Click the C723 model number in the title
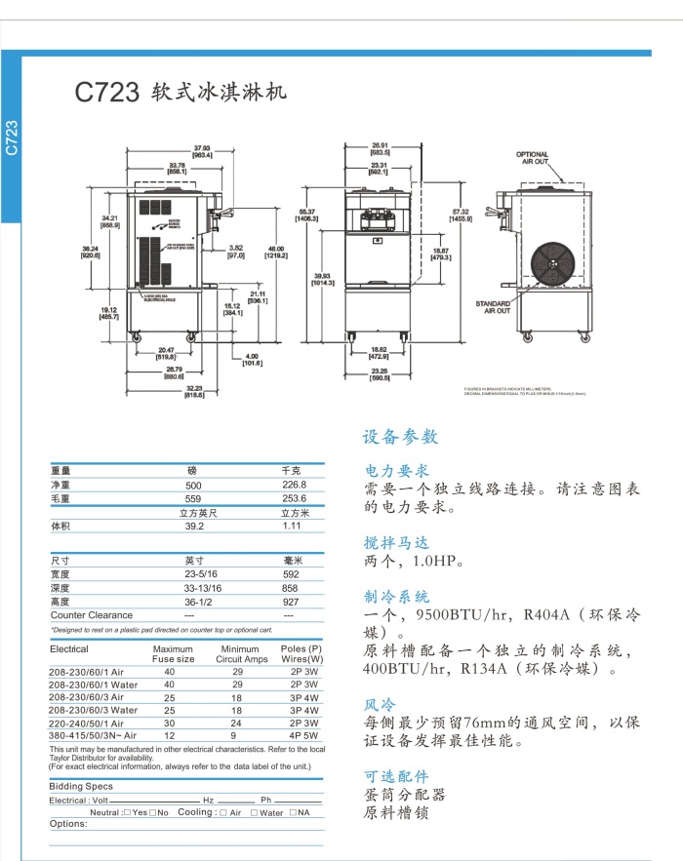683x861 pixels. point(107,94)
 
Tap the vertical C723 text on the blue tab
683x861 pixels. point(12,137)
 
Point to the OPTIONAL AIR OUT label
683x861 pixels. point(532,158)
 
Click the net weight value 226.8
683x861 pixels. point(294,485)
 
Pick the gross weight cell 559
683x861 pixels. point(193,498)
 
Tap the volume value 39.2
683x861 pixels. point(193,526)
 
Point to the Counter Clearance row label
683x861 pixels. point(92,615)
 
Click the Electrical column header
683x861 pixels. point(69,648)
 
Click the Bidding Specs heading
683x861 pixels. point(81,786)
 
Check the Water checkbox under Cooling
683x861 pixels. point(254,812)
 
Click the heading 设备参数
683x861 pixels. point(400,436)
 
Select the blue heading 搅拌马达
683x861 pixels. point(396,542)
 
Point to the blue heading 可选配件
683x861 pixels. point(396,775)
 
